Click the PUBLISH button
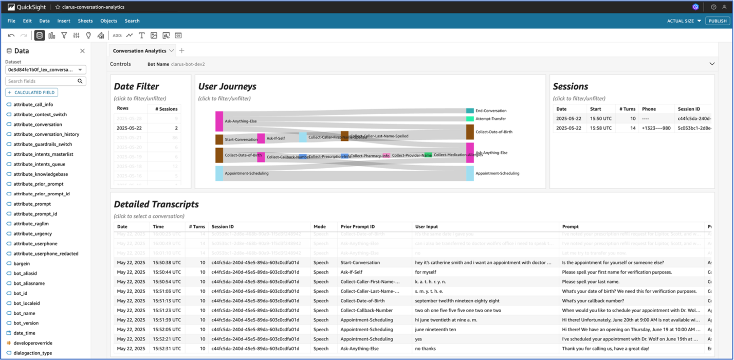tap(717, 21)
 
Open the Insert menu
tap(64, 21)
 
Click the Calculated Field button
tap(32, 93)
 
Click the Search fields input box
tap(41, 81)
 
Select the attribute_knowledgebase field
tap(41, 174)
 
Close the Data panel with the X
tap(82, 51)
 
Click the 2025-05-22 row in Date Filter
tap(130, 128)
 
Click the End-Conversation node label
tap(491, 111)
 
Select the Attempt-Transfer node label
tap(490, 119)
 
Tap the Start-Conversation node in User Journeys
tap(241, 139)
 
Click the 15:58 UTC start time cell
tap(601, 128)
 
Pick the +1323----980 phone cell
tap(656, 128)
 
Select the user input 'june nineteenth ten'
tap(435, 330)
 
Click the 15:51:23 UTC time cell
tap(167, 311)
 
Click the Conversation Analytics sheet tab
tap(139, 51)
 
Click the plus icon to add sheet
tap(181, 51)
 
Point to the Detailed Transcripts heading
tap(156, 204)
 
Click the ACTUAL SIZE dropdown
tap(684, 21)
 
